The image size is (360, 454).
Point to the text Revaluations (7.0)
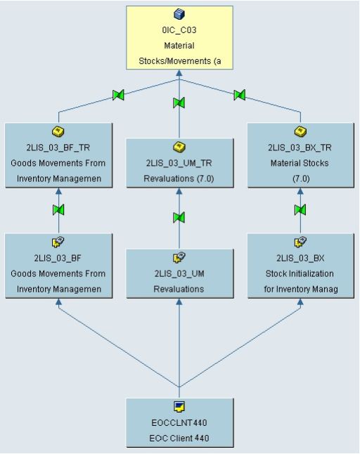[179, 178]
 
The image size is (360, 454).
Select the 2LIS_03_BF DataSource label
[59, 259]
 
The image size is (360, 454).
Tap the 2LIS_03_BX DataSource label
[300, 259]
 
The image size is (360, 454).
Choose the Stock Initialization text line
[300, 273]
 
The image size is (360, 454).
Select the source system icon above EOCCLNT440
[179, 406]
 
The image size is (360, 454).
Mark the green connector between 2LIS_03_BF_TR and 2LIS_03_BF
[59, 210]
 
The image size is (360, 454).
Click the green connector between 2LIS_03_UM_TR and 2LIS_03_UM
[179, 216]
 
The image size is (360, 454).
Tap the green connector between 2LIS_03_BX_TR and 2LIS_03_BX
[300, 210]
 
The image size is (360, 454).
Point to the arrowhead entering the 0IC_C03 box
[179, 72]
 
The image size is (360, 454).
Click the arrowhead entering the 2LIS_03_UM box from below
[179, 301]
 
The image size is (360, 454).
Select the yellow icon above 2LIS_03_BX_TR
[300, 131]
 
